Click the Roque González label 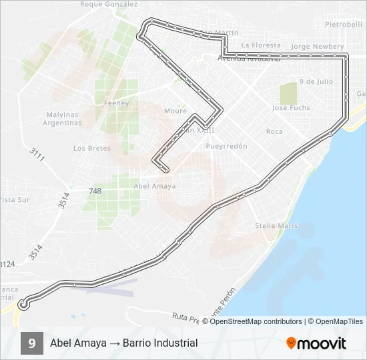tap(109, 4)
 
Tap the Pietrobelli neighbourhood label tap(344, 24)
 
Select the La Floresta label tap(257, 45)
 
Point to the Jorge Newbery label tap(318, 47)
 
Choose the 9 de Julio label tap(316, 81)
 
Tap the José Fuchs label tap(291, 107)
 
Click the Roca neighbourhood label tap(274, 131)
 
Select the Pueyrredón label tap(227, 146)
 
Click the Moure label tap(175, 111)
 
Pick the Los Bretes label tap(92, 148)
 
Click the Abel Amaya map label tap(155, 186)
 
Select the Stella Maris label tap(276, 226)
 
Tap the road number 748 tap(95, 191)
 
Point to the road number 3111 tap(37, 154)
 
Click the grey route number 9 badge tap(31, 343)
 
